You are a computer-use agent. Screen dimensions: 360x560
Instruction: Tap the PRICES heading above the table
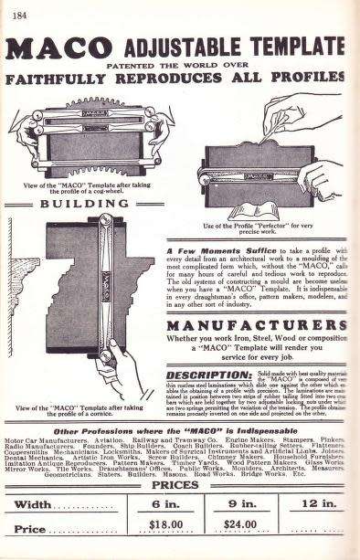(x=179, y=484)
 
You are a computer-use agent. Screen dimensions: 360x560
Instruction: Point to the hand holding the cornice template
(x=122, y=361)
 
